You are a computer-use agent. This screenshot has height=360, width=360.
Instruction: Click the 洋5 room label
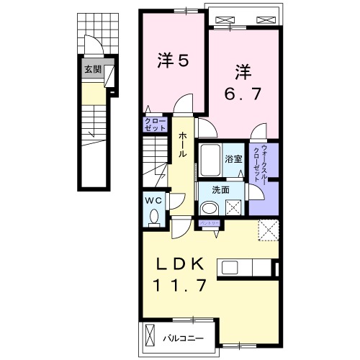click(173, 61)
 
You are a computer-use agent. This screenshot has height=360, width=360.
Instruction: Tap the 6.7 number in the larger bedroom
click(243, 93)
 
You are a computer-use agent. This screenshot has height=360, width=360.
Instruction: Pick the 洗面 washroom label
click(220, 189)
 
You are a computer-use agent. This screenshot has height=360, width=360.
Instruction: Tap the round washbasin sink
click(208, 208)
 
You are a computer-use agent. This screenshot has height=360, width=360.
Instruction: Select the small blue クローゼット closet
click(153, 124)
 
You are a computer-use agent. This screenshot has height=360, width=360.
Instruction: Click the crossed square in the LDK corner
click(269, 230)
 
